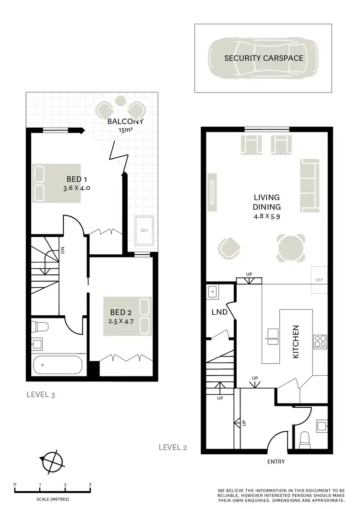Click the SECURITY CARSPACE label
click(x=264, y=58)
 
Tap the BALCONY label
click(x=125, y=121)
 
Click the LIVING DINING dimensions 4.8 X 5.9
click(x=267, y=217)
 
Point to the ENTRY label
click(x=276, y=462)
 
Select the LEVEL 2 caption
click(x=172, y=448)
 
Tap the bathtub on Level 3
click(x=58, y=365)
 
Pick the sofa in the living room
click(x=310, y=185)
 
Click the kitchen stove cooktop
click(x=320, y=341)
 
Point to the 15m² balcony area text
click(x=125, y=130)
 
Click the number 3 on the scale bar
click(x=90, y=485)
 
